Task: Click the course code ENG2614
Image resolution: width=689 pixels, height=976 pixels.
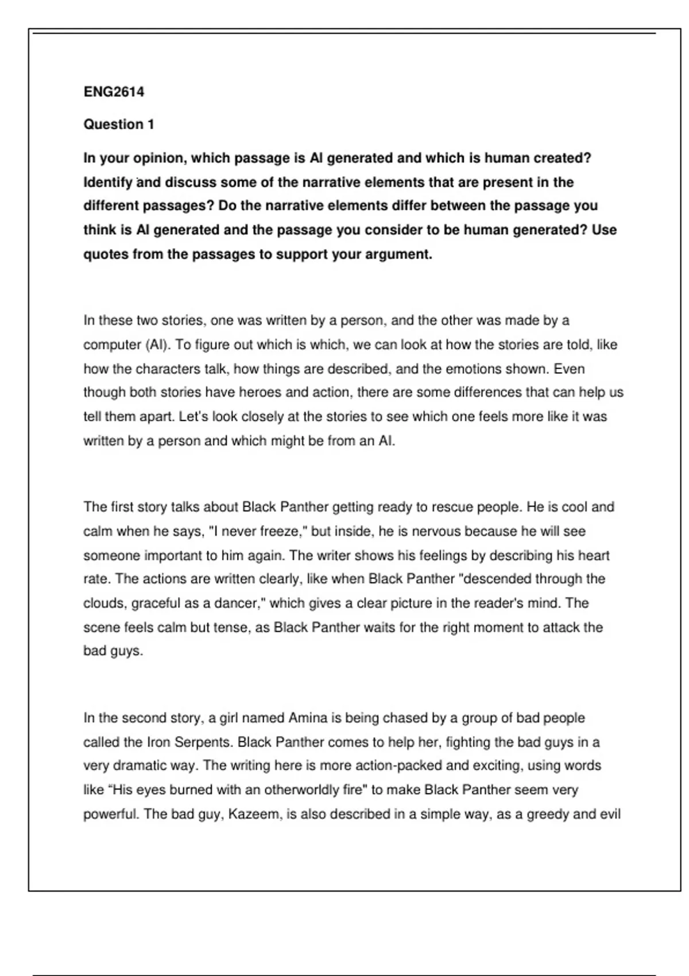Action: (x=114, y=92)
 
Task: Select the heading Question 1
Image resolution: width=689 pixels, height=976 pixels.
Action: (x=119, y=125)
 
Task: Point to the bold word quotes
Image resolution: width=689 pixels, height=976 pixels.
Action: (x=106, y=254)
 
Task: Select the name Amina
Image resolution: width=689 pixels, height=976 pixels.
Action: (x=308, y=718)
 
